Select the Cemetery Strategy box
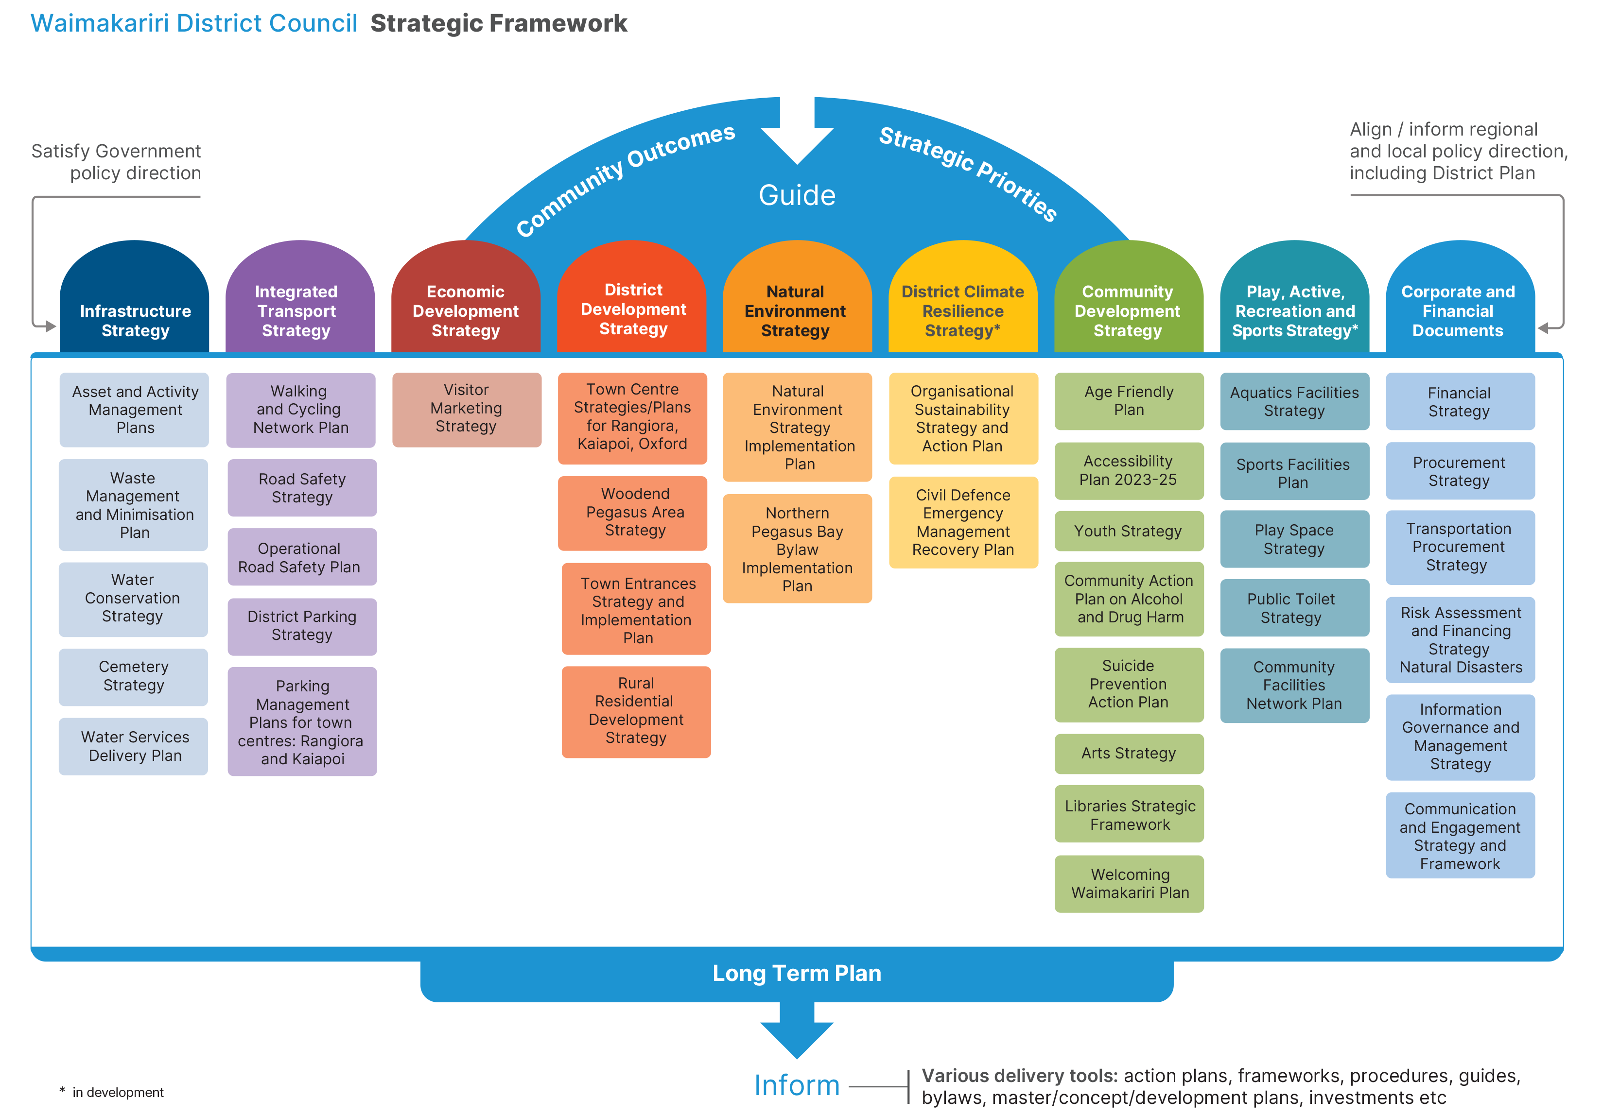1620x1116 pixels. click(134, 676)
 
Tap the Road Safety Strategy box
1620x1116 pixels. click(302, 488)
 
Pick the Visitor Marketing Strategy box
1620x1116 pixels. click(467, 409)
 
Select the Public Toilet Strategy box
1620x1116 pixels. click(1294, 608)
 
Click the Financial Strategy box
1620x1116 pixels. click(1460, 402)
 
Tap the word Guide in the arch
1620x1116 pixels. click(798, 195)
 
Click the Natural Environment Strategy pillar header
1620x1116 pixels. click(796, 311)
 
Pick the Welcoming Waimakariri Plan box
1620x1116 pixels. click(1129, 884)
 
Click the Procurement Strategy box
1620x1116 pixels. click(1460, 471)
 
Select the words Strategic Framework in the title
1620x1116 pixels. click(499, 23)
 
